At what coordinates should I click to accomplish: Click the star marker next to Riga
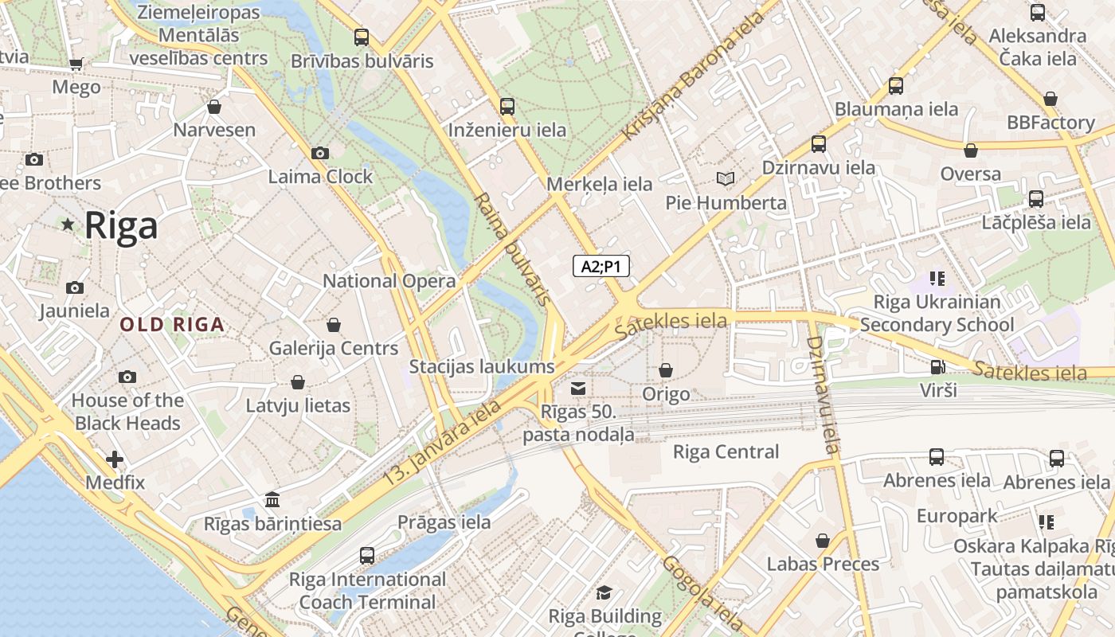pos(68,225)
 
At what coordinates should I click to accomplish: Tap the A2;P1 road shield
pos(601,266)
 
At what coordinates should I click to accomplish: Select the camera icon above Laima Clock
pos(320,153)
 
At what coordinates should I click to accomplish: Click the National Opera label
pos(389,281)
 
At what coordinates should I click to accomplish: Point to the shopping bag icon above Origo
pos(666,370)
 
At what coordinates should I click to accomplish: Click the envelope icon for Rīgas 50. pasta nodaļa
pos(578,389)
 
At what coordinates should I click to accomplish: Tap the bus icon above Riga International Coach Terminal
pos(367,555)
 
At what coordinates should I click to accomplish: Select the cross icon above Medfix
pos(115,459)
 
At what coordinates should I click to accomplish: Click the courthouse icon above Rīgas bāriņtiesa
pos(272,500)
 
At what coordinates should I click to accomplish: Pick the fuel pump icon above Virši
pos(938,367)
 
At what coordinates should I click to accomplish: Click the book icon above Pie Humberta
pos(725,178)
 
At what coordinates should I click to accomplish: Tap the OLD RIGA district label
pos(172,325)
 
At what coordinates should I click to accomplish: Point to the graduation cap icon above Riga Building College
pos(604,592)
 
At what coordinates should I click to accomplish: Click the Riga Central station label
pos(726,452)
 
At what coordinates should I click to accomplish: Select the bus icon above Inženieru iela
pos(507,106)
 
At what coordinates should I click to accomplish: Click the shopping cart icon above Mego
pos(76,64)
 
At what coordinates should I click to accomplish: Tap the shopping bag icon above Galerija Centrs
pos(334,325)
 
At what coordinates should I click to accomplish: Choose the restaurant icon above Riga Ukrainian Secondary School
pos(937,279)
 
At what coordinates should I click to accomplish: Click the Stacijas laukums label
pos(481,367)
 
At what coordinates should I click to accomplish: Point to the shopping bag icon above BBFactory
pos(1050,99)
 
